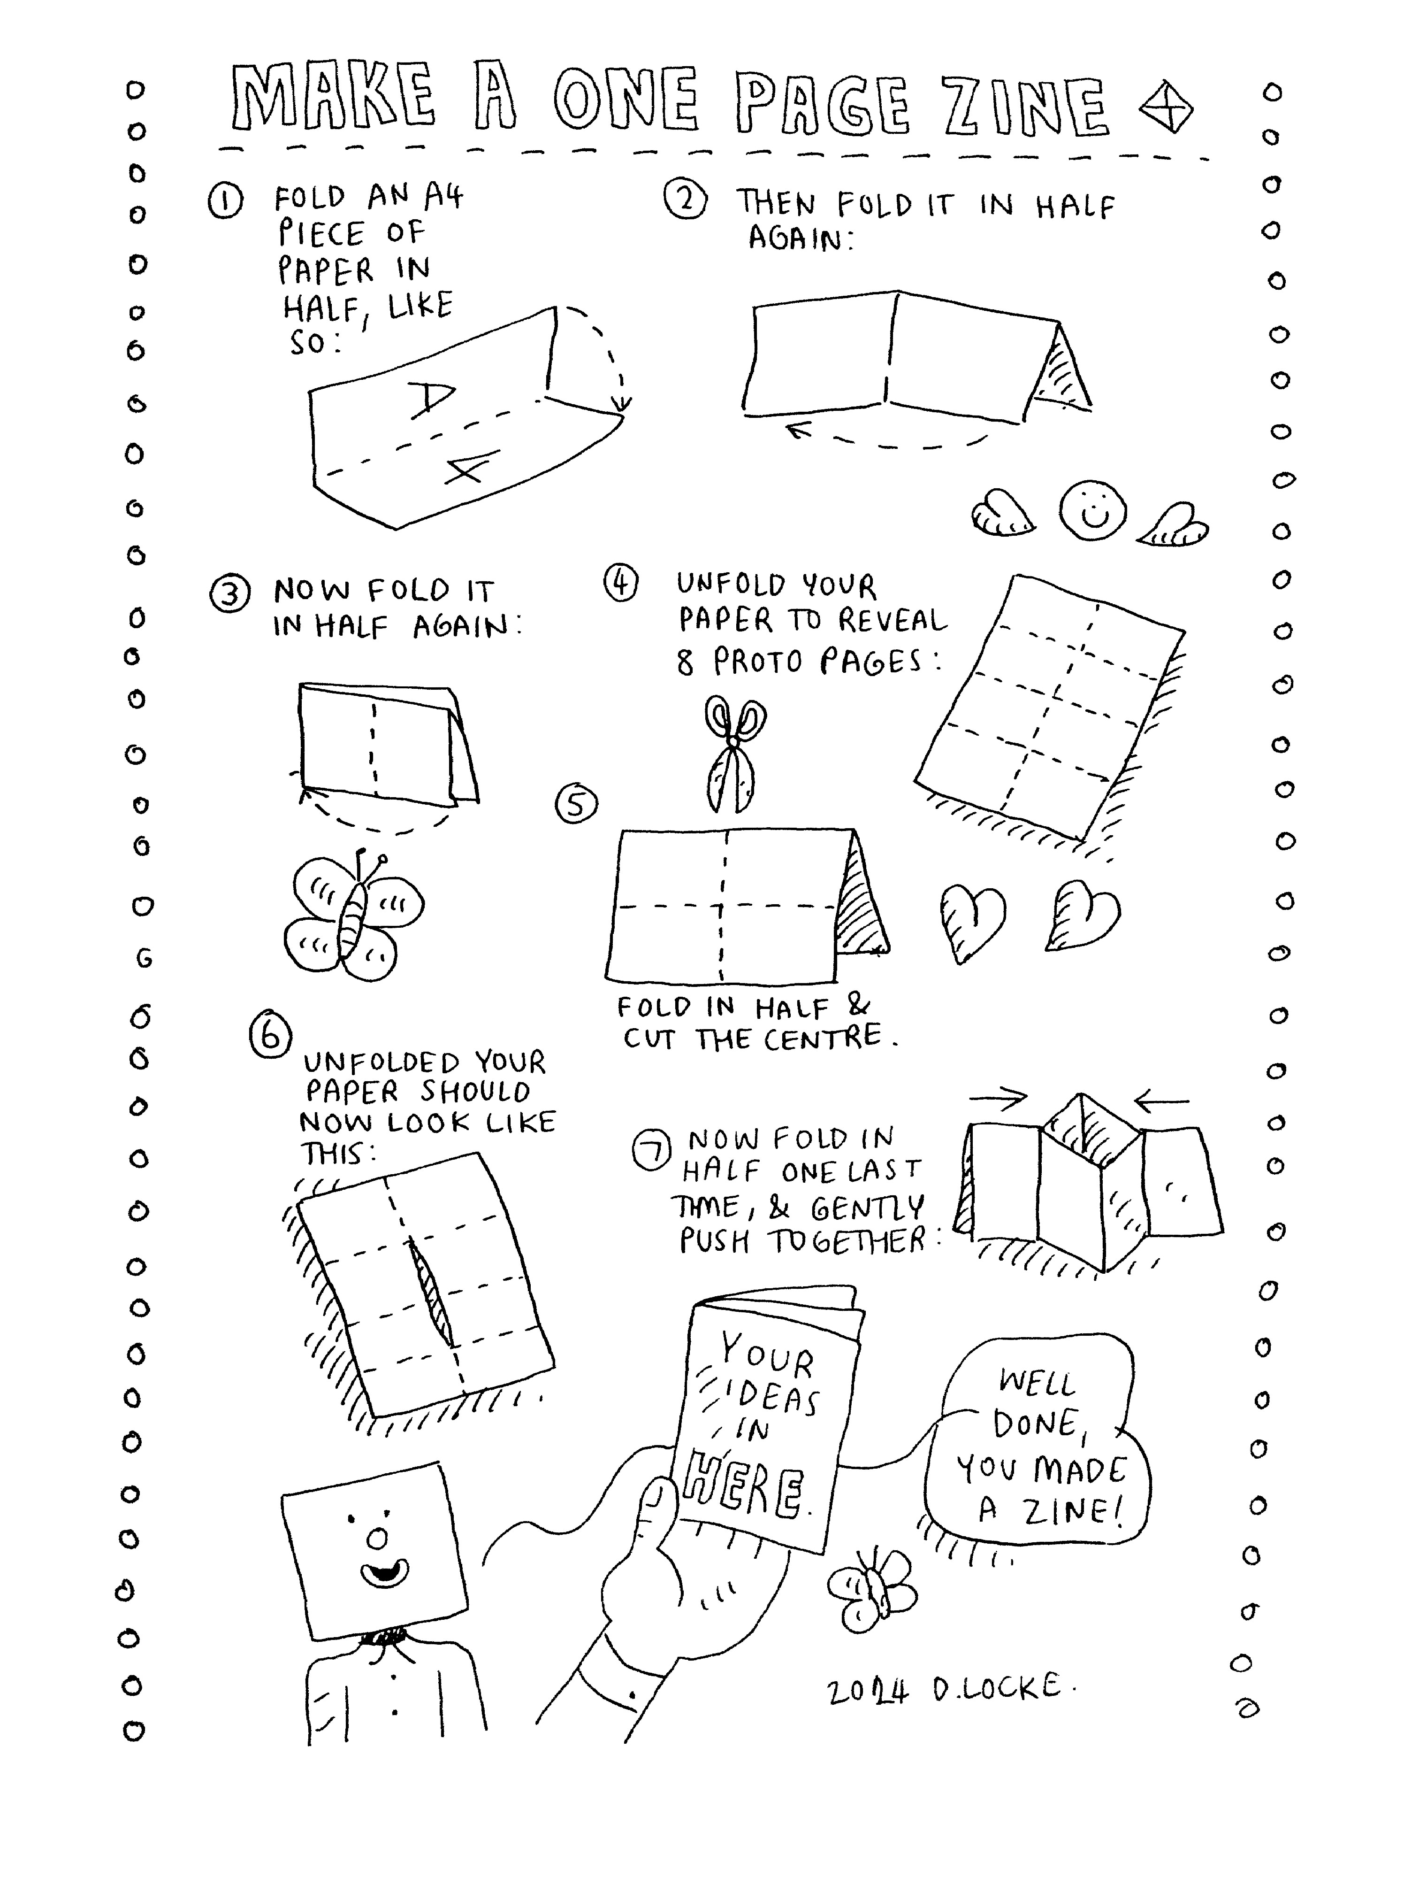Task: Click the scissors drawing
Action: (733, 751)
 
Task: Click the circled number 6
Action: (270, 1036)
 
